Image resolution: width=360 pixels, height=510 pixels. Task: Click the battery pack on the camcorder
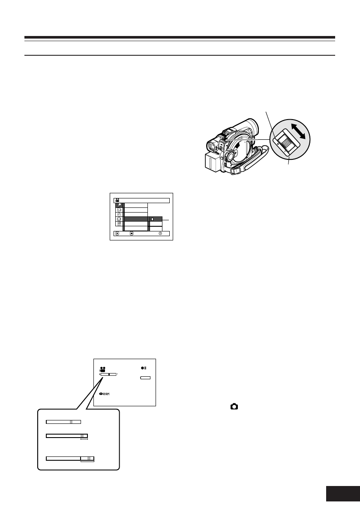212,161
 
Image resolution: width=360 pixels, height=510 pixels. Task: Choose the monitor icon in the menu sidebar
119,219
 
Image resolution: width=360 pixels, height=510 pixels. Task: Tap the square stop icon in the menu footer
132,234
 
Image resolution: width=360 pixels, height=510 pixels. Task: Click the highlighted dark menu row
135,219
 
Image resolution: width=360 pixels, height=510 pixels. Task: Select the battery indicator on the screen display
146,378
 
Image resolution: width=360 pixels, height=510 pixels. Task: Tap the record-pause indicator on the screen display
144,368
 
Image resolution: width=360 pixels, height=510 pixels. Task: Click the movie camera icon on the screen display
103,369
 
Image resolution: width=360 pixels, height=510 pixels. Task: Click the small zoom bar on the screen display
108,374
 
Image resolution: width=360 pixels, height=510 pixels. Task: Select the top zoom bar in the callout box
63,422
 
